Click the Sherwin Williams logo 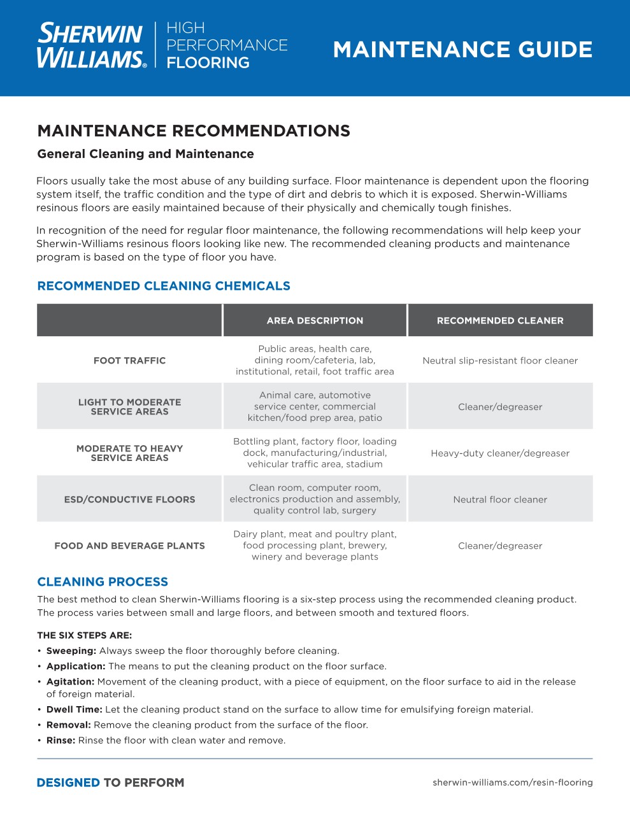(91, 45)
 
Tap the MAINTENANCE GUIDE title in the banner (462, 50)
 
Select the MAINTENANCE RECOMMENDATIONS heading (194, 131)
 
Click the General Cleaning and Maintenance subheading (145, 154)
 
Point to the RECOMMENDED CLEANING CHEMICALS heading (164, 286)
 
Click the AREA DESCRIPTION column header (315, 321)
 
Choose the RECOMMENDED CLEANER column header (500, 321)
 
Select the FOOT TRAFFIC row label (129, 360)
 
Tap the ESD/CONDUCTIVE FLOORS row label (129, 500)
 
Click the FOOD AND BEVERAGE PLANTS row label (129, 546)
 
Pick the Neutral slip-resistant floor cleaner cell (500, 360)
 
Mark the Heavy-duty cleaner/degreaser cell (500, 453)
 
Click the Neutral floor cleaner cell (500, 500)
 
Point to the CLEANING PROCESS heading (103, 582)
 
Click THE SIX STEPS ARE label (85, 635)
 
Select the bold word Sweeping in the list (71, 651)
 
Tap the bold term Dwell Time (74, 709)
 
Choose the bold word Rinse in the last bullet (61, 741)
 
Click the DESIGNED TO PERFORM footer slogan (110, 783)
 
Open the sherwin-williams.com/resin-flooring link (512, 783)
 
